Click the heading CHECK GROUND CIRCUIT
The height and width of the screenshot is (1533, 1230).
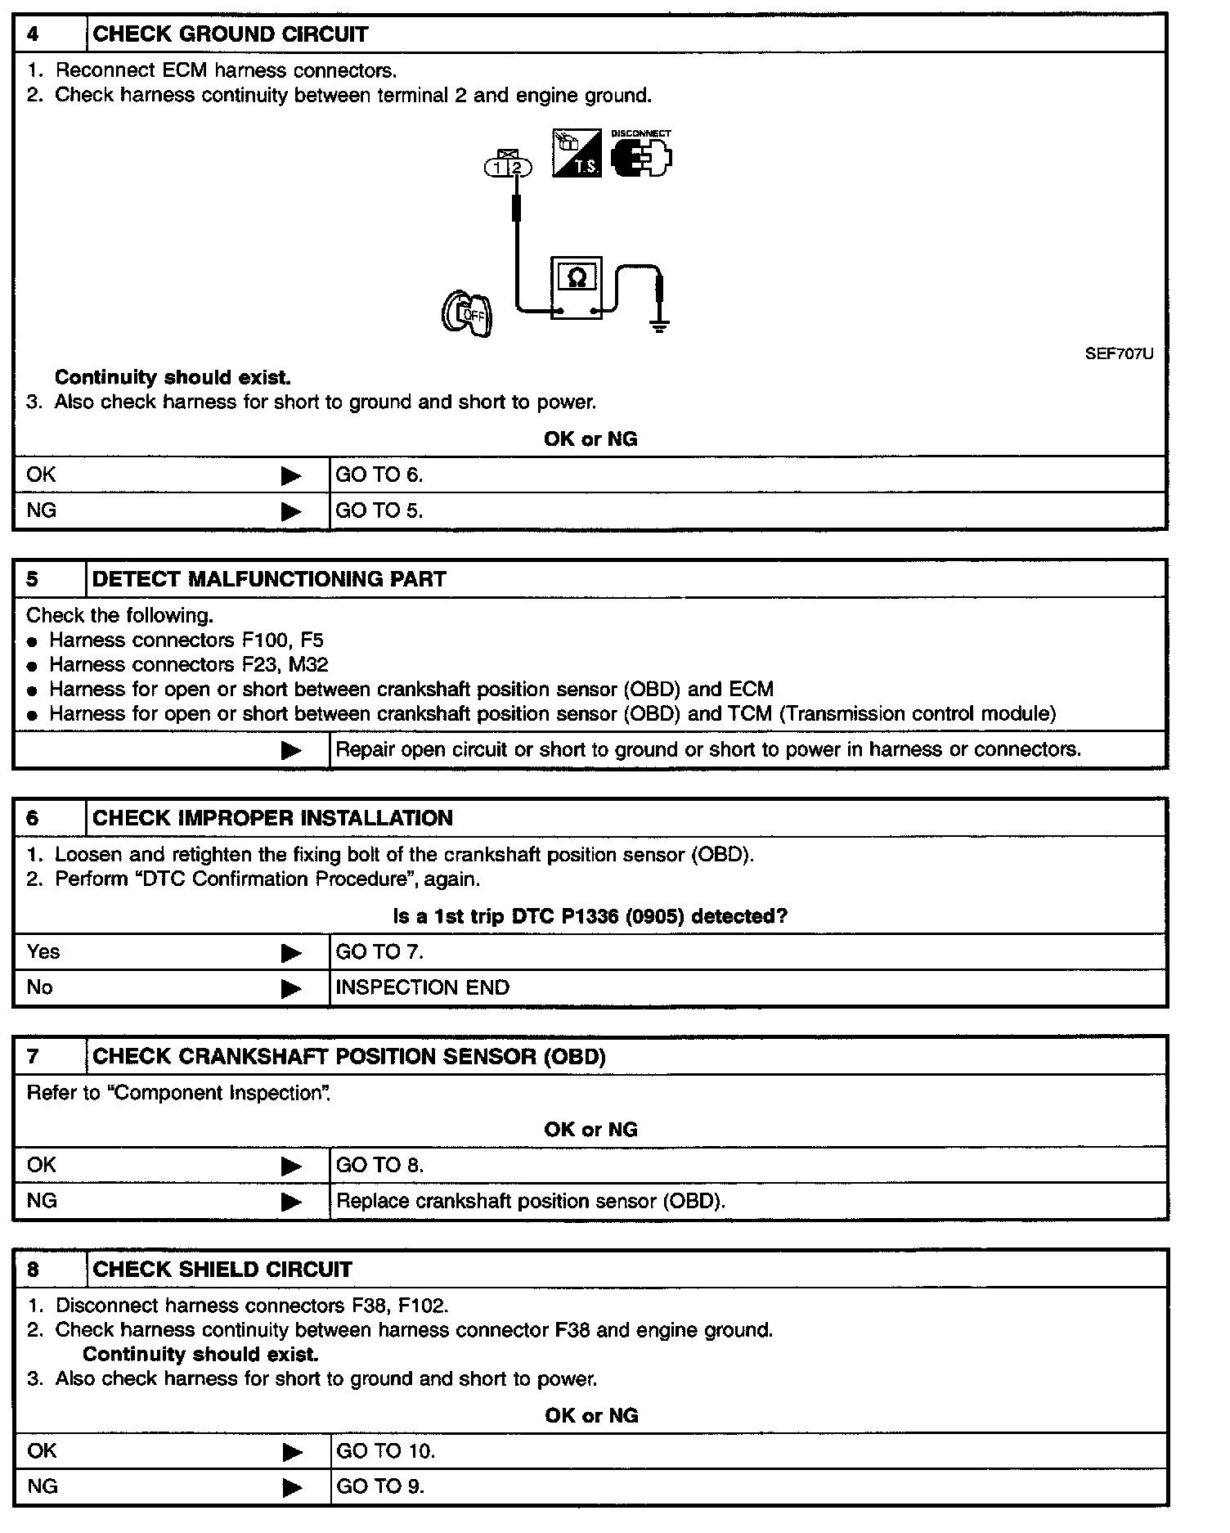(x=230, y=34)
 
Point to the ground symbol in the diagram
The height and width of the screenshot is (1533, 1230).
(x=659, y=326)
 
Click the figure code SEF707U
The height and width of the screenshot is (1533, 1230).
(x=1119, y=354)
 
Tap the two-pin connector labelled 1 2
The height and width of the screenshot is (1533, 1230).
(x=508, y=167)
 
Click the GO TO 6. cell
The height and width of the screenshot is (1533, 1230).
(x=379, y=474)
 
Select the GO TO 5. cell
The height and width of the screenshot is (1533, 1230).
(x=379, y=510)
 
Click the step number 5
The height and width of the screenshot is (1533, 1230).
(x=33, y=579)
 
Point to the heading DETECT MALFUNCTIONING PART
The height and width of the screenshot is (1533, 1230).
(x=269, y=579)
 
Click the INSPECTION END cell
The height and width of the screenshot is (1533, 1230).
(x=422, y=987)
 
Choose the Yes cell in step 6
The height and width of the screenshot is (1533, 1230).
(x=43, y=951)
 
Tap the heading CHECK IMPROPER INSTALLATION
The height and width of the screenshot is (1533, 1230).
(x=272, y=818)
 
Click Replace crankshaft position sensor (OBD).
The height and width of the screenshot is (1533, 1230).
(x=531, y=1201)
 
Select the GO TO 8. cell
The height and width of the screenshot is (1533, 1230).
(x=379, y=1165)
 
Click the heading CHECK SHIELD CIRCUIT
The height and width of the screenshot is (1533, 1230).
(x=222, y=1270)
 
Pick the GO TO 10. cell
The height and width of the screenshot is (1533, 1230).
(x=385, y=1451)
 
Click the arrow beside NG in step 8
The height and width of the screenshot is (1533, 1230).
(x=292, y=1487)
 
